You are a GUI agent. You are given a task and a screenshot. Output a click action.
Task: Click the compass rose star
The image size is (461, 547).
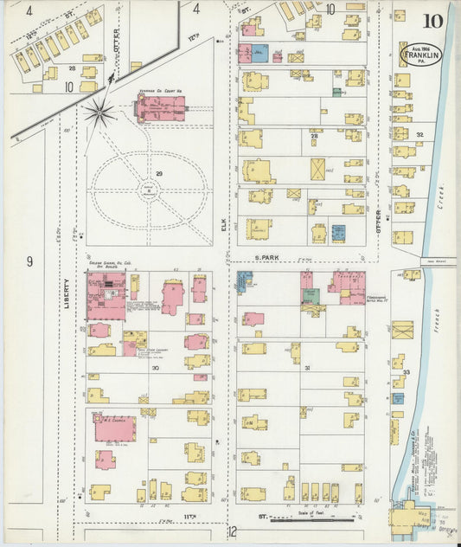100,113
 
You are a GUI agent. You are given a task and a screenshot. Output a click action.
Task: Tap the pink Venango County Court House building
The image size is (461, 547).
160,110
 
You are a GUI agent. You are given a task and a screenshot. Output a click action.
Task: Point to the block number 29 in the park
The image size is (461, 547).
158,174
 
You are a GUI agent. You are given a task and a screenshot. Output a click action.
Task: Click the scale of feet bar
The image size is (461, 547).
311,520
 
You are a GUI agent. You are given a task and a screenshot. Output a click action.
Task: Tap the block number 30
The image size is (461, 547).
156,368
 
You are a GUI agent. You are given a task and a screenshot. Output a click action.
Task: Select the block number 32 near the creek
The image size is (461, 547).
420,135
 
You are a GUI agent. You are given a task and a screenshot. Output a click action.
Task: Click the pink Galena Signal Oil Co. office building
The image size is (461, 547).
106,297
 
